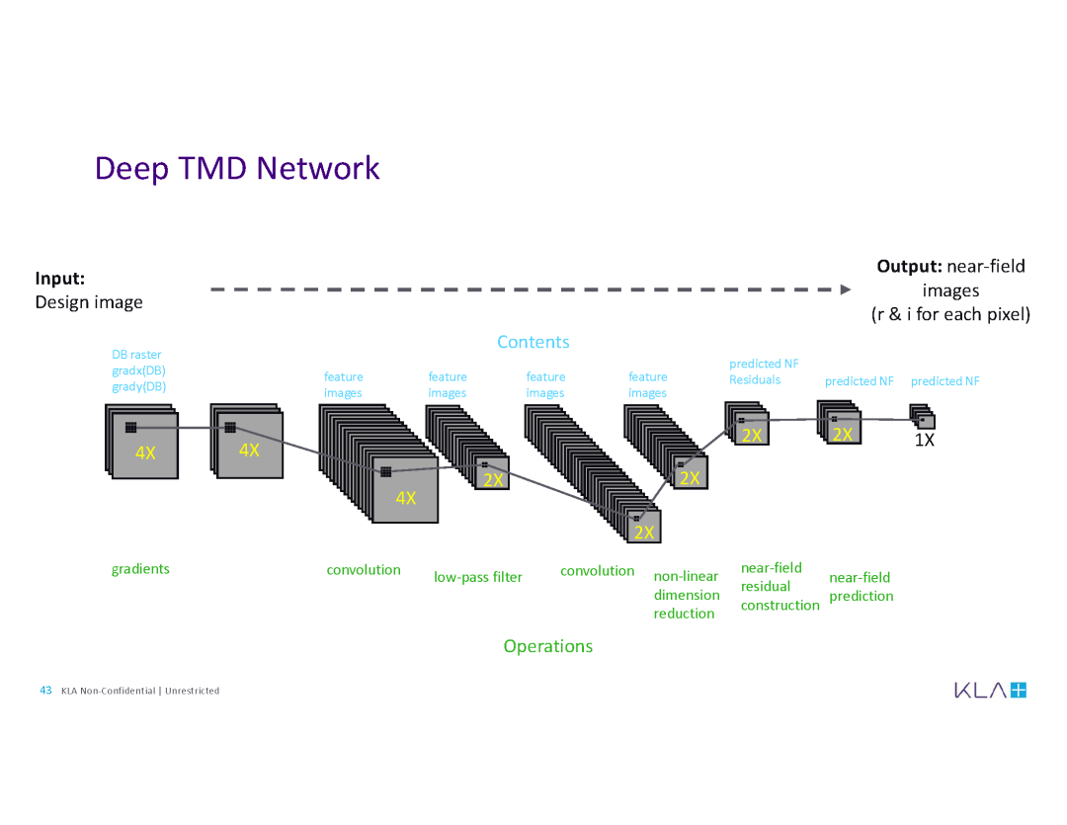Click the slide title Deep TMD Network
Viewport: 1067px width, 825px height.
[237, 168]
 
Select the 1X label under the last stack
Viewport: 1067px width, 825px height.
[923, 441]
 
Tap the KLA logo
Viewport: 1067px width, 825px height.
[990, 690]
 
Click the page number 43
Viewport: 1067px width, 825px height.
[45, 690]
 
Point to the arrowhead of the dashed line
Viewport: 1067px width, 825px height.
[845, 289]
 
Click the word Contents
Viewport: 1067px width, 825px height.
[533, 342]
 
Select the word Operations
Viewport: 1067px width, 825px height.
[547, 646]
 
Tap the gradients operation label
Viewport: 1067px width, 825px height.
[140, 568]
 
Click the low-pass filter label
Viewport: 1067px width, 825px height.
[478, 577]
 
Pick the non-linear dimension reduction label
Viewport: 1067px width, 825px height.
[687, 595]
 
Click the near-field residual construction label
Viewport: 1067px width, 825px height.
[780, 587]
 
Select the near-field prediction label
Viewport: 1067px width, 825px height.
[862, 587]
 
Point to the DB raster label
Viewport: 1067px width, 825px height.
[136, 355]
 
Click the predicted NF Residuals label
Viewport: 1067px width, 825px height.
[763, 371]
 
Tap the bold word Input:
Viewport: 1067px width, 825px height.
[59, 278]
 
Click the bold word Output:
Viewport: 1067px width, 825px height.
[909, 266]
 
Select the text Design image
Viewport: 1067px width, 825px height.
[89, 302]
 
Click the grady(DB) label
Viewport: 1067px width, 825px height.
[138, 386]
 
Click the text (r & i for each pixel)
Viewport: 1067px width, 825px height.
[950, 314]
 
